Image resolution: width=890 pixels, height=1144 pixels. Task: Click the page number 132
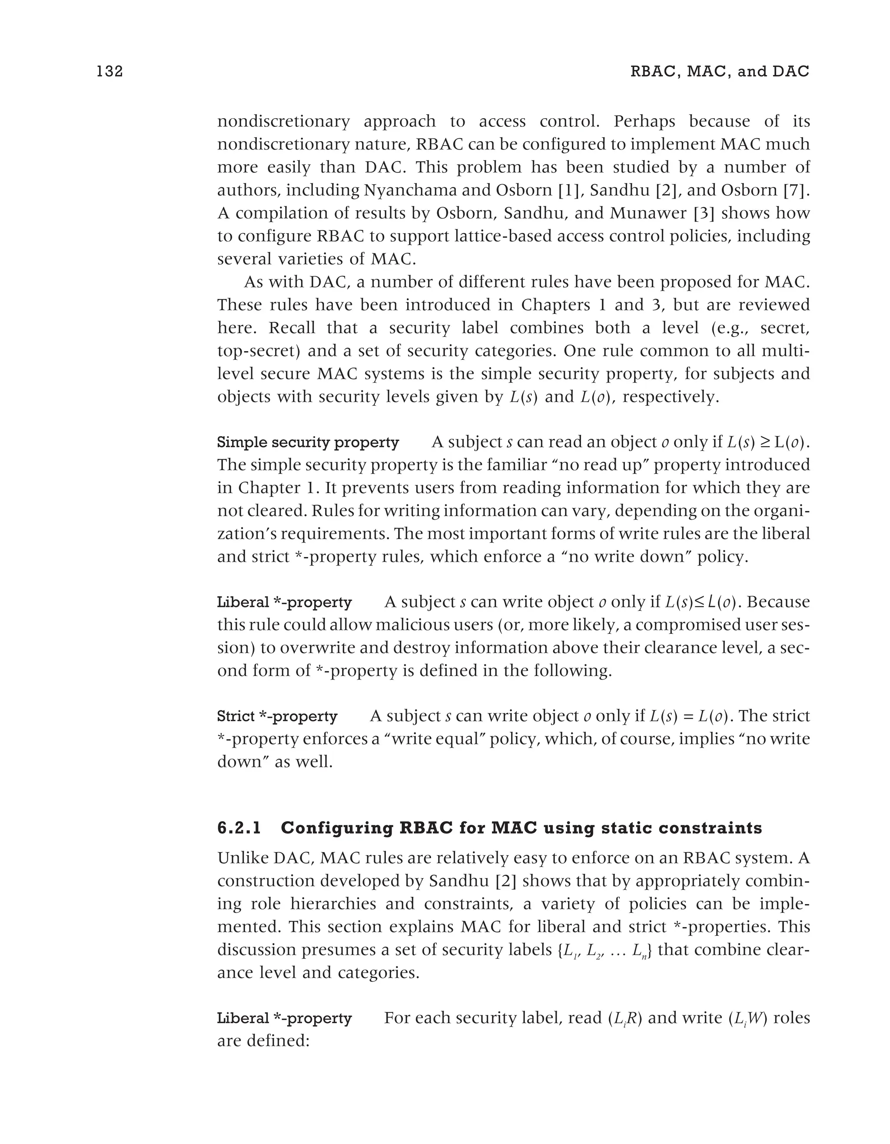[x=110, y=71]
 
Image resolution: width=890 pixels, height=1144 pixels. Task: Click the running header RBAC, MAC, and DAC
[x=720, y=71]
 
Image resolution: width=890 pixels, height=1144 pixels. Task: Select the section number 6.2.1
[x=239, y=828]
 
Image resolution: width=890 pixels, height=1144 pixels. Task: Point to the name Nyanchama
[x=410, y=190]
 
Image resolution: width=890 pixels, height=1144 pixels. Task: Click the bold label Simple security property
[x=308, y=443]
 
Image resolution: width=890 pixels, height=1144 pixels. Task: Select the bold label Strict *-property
[x=277, y=716]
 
